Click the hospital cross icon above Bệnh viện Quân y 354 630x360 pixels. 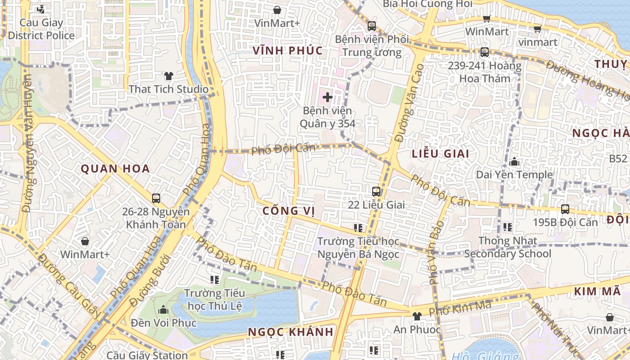(328, 97)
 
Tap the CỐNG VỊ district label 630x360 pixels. (288, 211)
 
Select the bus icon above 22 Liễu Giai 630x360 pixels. (376, 192)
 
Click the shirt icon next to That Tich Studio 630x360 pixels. (169, 76)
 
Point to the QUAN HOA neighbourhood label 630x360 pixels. (115, 169)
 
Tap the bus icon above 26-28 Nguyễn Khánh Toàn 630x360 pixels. (156, 198)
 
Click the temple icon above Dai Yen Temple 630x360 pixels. (514, 162)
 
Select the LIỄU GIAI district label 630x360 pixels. (441, 154)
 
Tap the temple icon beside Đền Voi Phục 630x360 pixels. (163, 310)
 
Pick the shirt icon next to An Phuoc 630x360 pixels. (417, 316)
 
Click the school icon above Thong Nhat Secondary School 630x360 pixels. (508, 227)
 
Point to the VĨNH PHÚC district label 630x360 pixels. (288, 50)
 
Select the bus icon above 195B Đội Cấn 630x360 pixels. (565, 209)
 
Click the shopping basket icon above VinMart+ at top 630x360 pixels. (277, 10)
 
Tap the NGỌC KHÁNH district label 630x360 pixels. (291, 332)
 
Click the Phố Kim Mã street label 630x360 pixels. (459, 308)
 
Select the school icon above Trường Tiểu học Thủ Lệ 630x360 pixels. (215, 280)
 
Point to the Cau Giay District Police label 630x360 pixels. (41, 29)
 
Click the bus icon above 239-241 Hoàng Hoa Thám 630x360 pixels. (484, 52)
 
